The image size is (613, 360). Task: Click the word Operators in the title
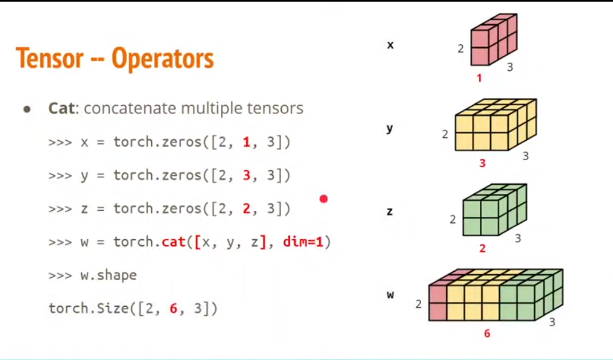click(163, 58)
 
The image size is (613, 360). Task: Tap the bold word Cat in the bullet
click(61, 108)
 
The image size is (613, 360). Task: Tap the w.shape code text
click(108, 275)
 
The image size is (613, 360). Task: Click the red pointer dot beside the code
click(323, 199)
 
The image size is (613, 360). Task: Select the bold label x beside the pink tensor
click(390, 45)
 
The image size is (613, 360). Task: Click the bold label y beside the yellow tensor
click(389, 129)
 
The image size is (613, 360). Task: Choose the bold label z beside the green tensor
click(389, 211)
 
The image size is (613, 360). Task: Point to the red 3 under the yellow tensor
click(482, 162)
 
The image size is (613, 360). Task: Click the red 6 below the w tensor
click(487, 334)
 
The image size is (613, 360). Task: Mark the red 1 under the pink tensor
click(479, 79)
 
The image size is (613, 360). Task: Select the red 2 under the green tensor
click(482, 248)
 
